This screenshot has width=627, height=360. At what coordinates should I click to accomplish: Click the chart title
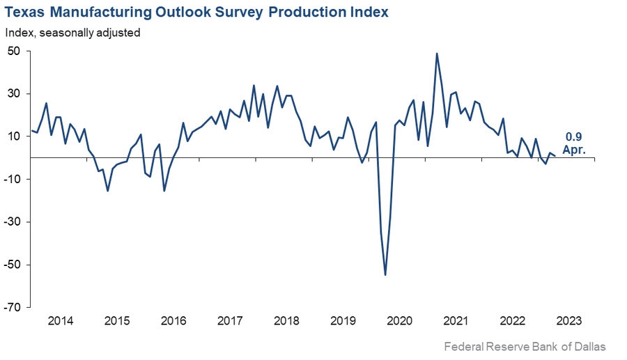pos(197,12)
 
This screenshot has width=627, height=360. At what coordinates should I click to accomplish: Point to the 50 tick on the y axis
pos(13,51)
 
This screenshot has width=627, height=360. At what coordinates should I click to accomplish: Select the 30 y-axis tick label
pos(13,93)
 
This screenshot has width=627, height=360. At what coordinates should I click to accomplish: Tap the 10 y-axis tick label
pos(13,136)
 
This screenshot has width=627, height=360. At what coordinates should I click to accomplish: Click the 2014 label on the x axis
pos(60,321)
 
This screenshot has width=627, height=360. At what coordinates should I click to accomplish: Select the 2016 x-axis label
pos(173,321)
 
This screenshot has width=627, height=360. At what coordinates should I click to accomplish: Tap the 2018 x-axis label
pos(286,321)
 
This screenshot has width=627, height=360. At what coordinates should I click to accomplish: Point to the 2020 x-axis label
pos(399,321)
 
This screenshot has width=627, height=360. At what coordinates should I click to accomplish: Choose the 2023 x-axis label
pos(568,321)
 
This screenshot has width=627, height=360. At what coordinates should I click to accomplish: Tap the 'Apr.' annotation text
pos(572,150)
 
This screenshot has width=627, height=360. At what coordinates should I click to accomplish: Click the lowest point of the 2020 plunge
pos(385,275)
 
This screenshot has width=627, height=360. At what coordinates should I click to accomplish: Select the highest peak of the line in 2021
pos(437,54)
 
